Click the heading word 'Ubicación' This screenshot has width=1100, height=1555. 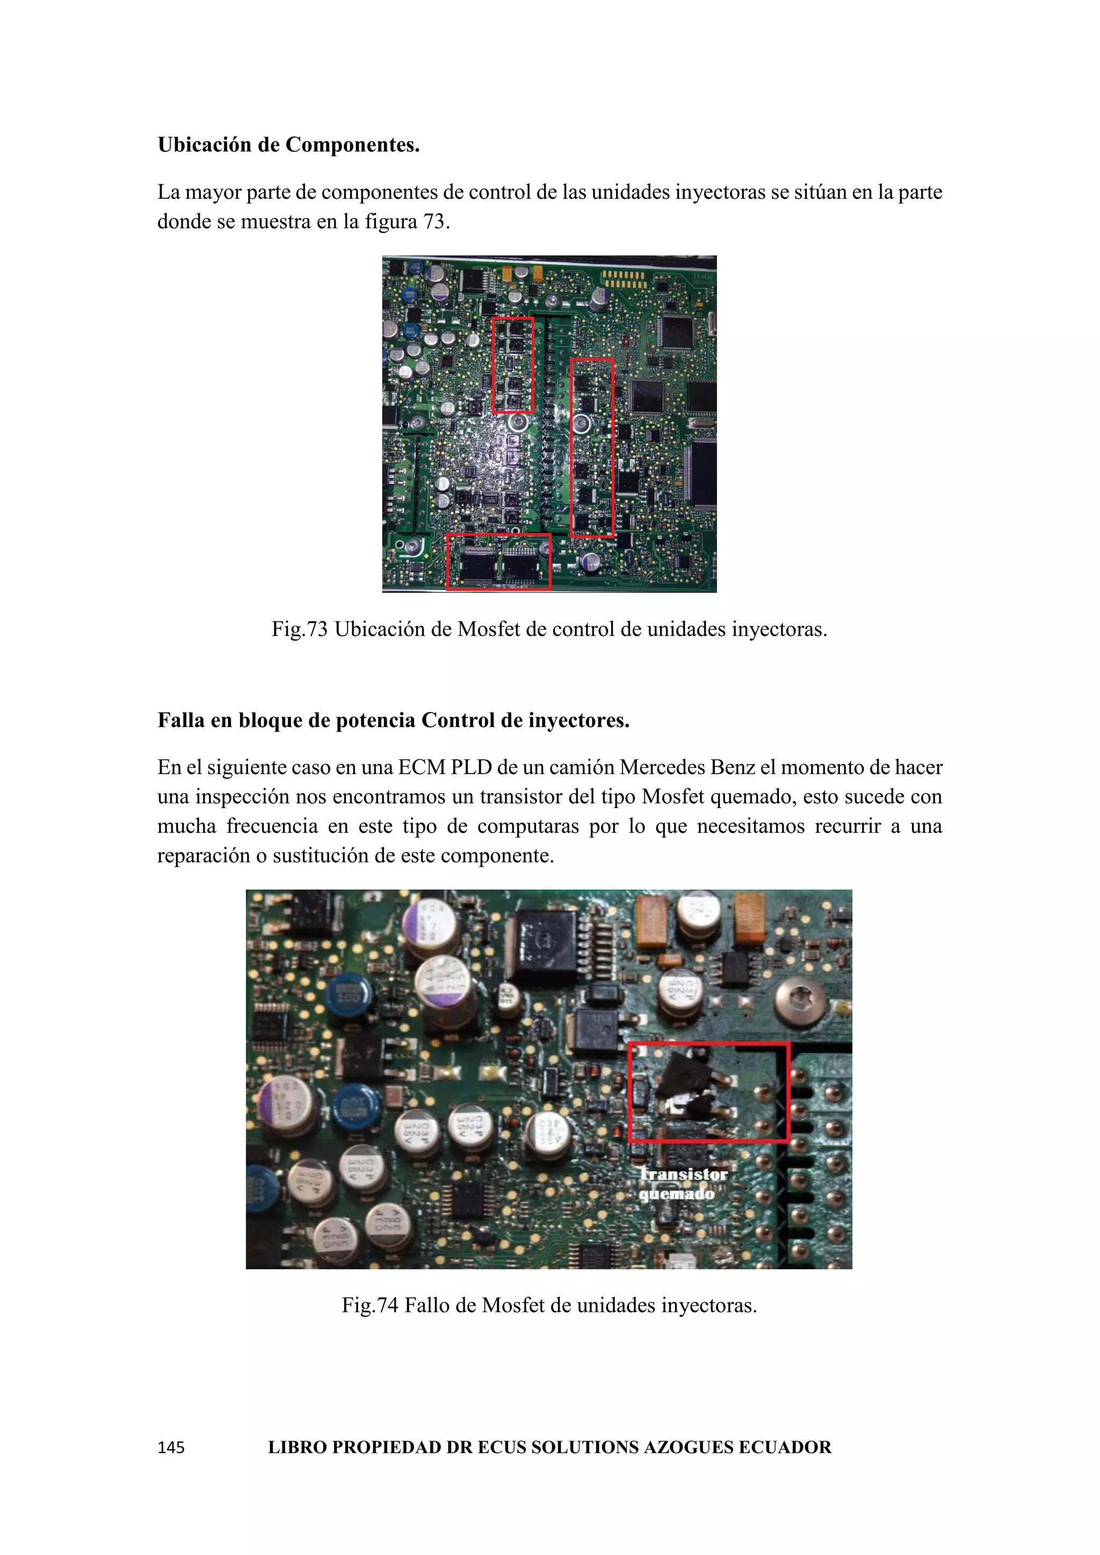pos(204,145)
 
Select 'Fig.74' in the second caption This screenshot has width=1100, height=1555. pos(370,1305)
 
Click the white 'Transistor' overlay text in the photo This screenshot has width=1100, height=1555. pos(684,1174)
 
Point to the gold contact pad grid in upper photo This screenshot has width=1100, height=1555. pos(625,277)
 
